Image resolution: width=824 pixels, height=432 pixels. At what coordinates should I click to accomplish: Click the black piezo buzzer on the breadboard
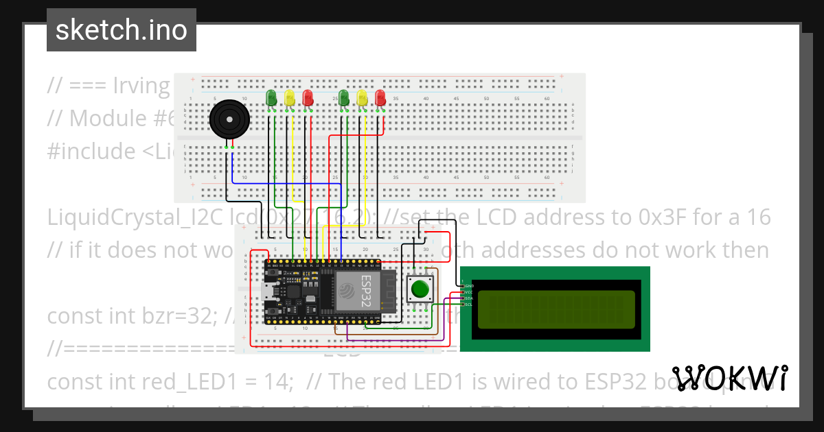229,120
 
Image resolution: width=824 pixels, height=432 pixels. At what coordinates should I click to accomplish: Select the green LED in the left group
271,98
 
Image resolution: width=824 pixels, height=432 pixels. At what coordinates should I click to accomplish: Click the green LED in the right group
343,98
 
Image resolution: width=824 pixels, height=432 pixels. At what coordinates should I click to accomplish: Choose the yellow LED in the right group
362,98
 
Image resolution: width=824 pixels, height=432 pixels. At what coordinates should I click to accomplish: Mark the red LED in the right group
380,98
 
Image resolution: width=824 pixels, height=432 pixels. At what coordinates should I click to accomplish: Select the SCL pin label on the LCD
468,304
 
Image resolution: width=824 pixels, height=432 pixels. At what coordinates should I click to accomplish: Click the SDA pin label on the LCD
468,298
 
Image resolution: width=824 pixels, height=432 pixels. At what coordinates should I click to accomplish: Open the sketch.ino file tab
122,30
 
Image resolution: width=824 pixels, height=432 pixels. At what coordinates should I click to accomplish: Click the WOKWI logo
729,378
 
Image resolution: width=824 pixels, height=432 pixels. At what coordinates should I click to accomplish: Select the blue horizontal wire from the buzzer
288,182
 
